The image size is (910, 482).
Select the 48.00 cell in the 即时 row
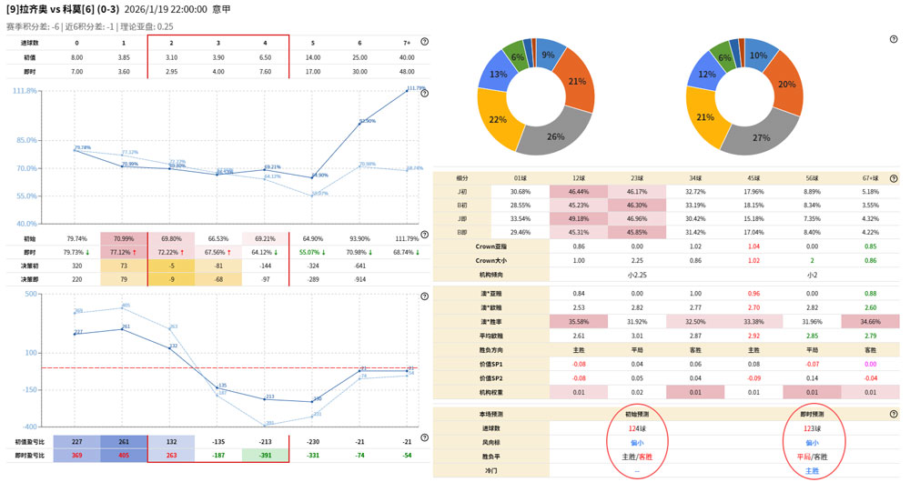point(407,71)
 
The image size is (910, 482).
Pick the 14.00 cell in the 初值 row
point(312,56)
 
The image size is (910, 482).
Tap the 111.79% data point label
point(416,87)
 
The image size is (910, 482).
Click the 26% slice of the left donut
point(554,136)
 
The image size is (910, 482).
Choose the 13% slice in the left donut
point(499,75)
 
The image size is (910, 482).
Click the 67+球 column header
point(869,177)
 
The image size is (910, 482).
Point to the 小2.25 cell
point(636,274)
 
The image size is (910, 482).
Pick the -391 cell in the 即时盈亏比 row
point(265,456)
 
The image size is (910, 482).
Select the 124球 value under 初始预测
point(636,428)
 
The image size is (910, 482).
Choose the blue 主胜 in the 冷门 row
point(814,471)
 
